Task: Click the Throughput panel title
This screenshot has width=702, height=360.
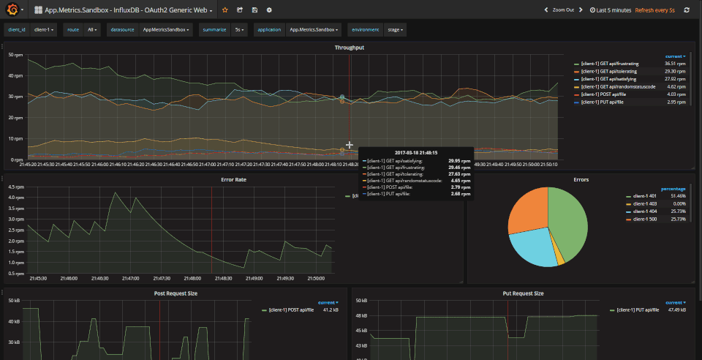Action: tap(350, 48)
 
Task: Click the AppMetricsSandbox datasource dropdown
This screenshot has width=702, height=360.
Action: tap(166, 30)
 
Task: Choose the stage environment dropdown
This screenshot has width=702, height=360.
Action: tap(396, 30)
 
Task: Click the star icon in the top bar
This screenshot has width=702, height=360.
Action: tap(225, 10)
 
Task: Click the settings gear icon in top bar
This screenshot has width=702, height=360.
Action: tap(269, 10)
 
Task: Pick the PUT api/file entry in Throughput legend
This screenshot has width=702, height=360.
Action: tap(607, 102)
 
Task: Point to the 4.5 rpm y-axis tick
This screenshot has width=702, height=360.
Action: tap(15, 187)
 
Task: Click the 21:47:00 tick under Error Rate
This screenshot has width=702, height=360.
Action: tap(131, 279)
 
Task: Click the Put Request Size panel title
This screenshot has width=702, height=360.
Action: tap(524, 293)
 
